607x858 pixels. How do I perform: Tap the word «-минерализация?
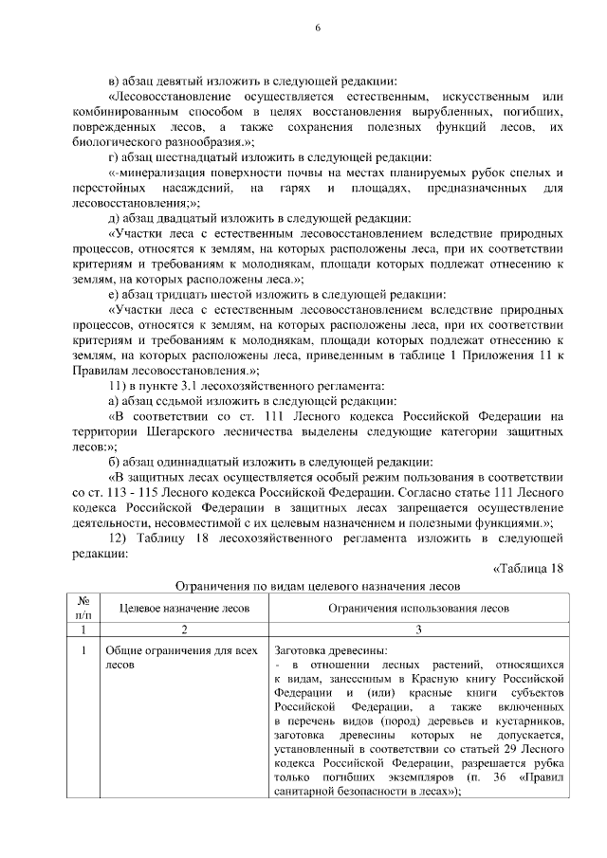point(168,173)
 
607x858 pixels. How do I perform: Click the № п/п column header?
point(83,607)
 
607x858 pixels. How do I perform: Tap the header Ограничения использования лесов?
point(418,607)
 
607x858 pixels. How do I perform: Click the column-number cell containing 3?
point(418,629)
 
